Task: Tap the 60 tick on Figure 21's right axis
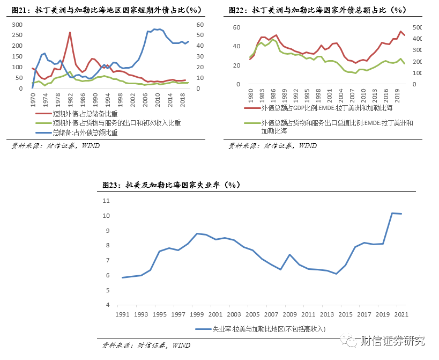point(201,25)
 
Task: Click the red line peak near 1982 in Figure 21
point(70,32)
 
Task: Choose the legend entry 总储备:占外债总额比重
point(85,133)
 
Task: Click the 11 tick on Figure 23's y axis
point(106,201)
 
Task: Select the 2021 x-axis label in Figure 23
point(402,314)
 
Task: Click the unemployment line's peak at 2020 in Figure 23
point(392,213)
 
